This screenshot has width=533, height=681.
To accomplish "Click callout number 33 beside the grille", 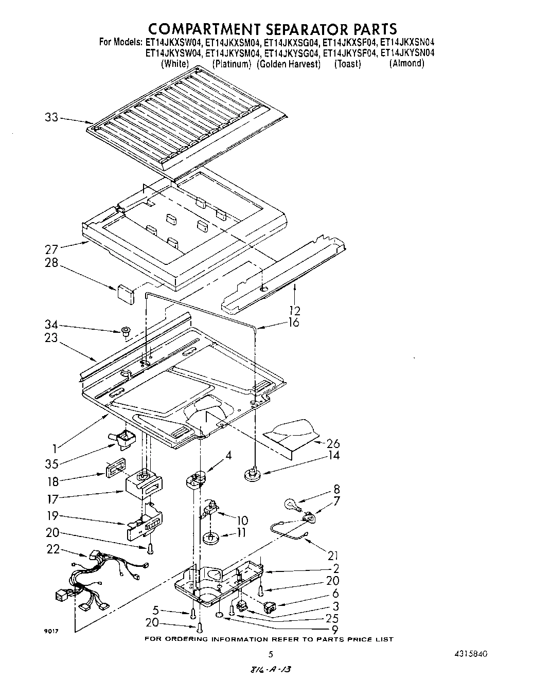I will coord(51,117).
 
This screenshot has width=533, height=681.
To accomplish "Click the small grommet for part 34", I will coord(124,331).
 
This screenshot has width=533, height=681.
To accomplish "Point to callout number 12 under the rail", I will coord(295,311).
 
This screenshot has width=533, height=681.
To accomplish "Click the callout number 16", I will coord(293,322).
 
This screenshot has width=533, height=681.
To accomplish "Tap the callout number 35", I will coord(51,463).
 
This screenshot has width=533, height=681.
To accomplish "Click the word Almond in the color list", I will coord(406,63).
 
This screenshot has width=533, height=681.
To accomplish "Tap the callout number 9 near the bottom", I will coord(334,629).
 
